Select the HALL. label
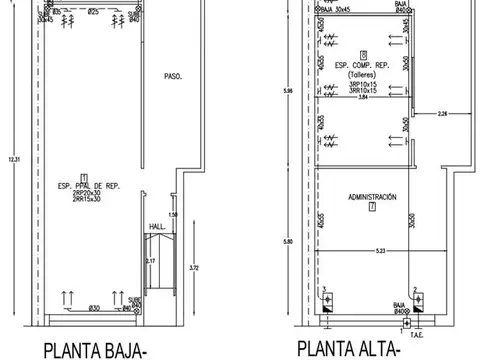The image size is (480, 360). (x=158, y=227)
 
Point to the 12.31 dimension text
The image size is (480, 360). (x=11, y=160)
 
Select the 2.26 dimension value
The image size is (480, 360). (x=442, y=114)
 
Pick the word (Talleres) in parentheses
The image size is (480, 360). (x=363, y=75)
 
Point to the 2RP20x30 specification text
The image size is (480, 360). (x=86, y=193)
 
